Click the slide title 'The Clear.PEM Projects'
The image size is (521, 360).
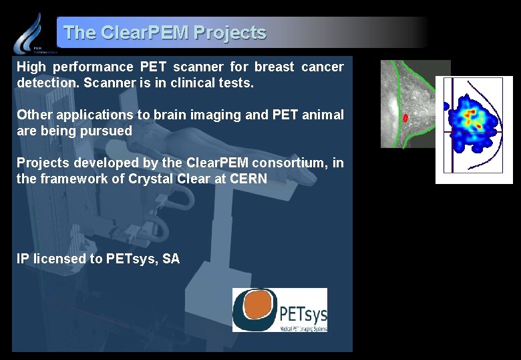click(x=164, y=33)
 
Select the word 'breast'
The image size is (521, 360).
click(x=274, y=67)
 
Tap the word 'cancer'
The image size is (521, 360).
click(x=323, y=67)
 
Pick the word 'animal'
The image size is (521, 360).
click(x=323, y=115)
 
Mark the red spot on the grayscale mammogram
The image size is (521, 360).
click(x=405, y=118)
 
